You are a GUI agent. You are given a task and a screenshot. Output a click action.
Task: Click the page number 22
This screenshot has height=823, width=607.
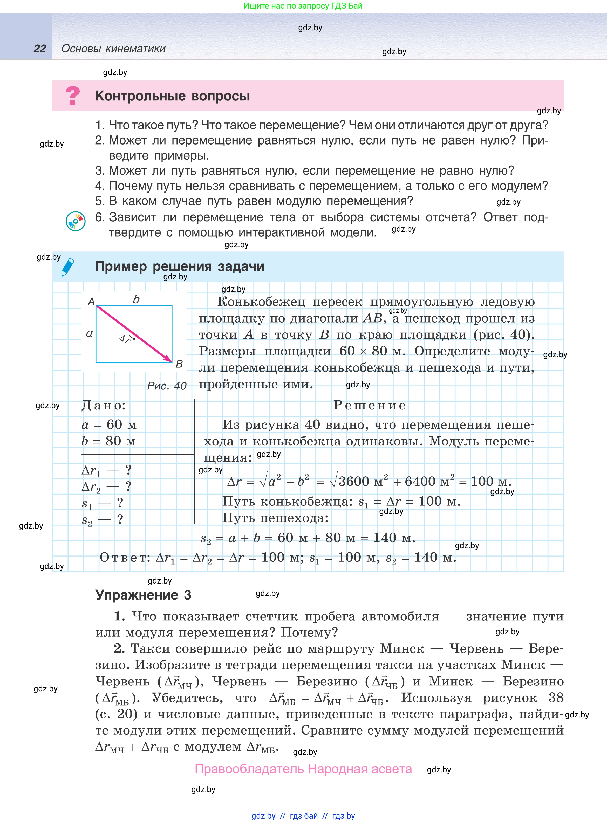(40, 49)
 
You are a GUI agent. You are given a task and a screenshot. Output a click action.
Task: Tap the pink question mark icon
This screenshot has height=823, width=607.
(72, 95)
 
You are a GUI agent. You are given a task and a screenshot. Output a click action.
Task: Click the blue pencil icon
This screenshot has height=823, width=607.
(68, 267)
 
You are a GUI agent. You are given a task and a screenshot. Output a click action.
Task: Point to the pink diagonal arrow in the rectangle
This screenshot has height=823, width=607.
(134, 334)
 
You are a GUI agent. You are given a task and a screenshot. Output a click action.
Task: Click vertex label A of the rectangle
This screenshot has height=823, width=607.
(91, 301)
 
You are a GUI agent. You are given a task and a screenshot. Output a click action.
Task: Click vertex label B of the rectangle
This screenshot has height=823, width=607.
(179, 364)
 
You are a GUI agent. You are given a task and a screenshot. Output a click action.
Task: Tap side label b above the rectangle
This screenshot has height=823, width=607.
(136, 300)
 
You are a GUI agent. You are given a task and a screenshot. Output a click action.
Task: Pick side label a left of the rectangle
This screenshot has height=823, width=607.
(89, 333)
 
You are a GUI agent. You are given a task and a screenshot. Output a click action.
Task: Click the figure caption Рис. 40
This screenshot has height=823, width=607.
(167, 386)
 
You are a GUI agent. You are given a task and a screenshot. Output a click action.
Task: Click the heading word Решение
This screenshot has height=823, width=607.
(369, 405)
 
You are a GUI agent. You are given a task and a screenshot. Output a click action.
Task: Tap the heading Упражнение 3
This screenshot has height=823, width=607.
(143, 595)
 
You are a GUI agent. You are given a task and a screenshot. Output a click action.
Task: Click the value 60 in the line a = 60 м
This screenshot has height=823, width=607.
(114, 424)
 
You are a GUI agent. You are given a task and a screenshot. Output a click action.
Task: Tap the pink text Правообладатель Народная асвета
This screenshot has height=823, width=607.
(303, 769)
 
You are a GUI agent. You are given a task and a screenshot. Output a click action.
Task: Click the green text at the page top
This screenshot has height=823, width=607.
(303, 6)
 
